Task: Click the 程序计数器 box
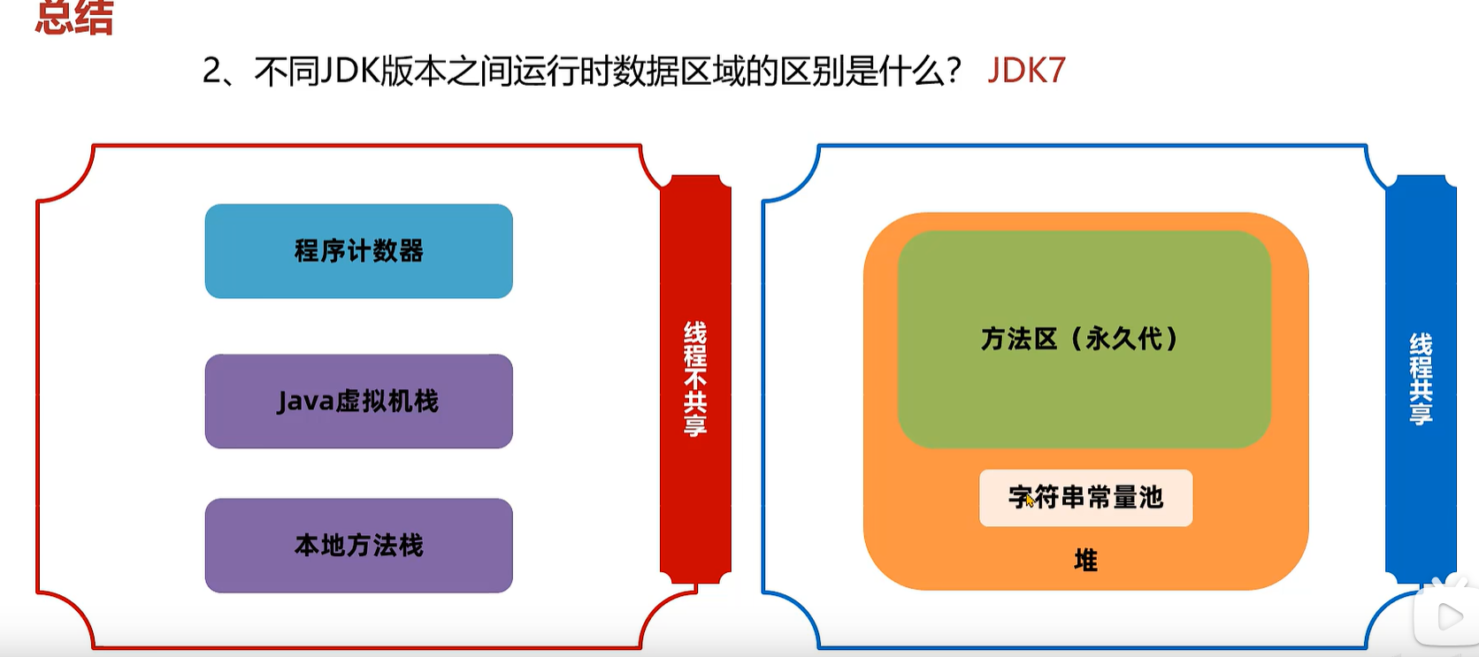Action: point(358,251)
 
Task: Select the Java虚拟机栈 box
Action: point(358,401)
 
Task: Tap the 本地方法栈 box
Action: point(358,546)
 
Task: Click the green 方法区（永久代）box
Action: point(1084,339)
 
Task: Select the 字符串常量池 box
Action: point(1085,498)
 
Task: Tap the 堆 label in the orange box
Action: point(1085,561)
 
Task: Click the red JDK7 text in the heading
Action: point(1026,71)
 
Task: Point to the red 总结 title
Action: point(74,18)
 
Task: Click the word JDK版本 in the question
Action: point(381,71)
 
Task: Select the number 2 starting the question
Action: point(211,71)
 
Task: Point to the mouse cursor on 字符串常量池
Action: point(1029,500)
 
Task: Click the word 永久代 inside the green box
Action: point(1123,339)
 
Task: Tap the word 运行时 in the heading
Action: point(563,71)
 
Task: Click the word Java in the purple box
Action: point(305,401)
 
